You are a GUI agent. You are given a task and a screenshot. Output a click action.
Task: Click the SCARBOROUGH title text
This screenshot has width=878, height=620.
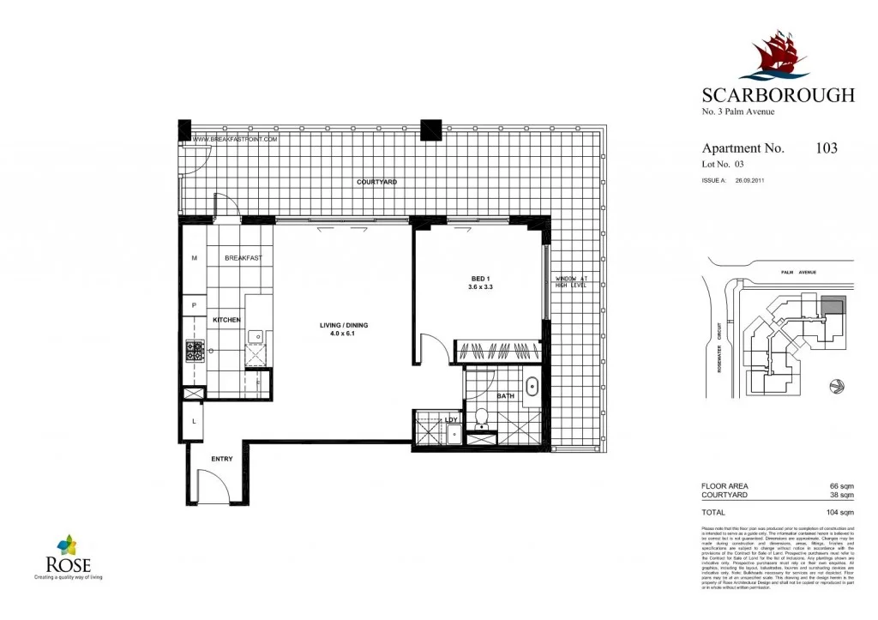coord(778,95)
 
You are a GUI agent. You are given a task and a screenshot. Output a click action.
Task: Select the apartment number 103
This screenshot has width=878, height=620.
coord(827,148)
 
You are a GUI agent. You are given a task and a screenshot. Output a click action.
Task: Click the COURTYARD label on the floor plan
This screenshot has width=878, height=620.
coord(376,183)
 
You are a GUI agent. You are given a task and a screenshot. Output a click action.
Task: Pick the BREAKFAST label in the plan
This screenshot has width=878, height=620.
coord(244,258)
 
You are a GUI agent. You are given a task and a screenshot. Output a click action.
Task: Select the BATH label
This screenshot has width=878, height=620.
coord(505,396)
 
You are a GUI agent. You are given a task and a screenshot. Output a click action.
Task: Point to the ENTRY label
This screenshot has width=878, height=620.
coord(221,460)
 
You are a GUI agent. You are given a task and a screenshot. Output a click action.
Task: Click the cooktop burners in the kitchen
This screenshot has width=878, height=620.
coord(193,351)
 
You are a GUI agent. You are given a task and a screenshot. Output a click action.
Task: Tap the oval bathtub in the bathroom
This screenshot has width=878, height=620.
coord(530,384)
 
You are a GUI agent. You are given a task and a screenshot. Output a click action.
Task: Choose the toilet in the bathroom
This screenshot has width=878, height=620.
coord(482,418)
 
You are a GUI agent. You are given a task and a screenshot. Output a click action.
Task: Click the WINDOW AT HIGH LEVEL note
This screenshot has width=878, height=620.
coord(570,282)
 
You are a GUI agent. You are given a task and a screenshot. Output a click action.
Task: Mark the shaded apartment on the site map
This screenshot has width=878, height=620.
coord(833,304)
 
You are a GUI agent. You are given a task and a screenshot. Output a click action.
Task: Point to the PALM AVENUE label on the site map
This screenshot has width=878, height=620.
coord(798,272)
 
